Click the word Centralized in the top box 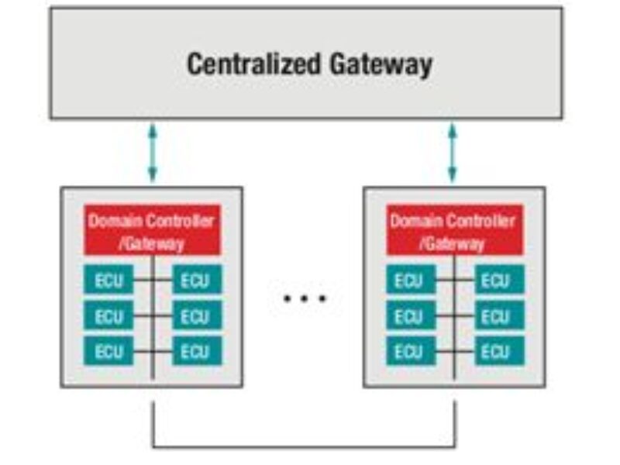click(x=250, y=64)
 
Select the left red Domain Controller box click(x=152, y=230)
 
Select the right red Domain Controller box click(x=453, y=230)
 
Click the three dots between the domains click(x=305, y=298)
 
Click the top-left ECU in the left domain click(x=108, y=280)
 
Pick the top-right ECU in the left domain click(x=196, y=280)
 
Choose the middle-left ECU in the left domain click(x=108, y=315)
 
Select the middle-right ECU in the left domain click(x=196, y=315)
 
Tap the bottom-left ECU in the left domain click(x=108, y=351)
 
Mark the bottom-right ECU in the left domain click(x=196, y=351)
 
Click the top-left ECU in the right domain click(x=410, y=280)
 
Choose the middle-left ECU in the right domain click(x=410, y=315)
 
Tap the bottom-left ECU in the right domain click(x=410, y=351)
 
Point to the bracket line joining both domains click(x=304, y=447)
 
